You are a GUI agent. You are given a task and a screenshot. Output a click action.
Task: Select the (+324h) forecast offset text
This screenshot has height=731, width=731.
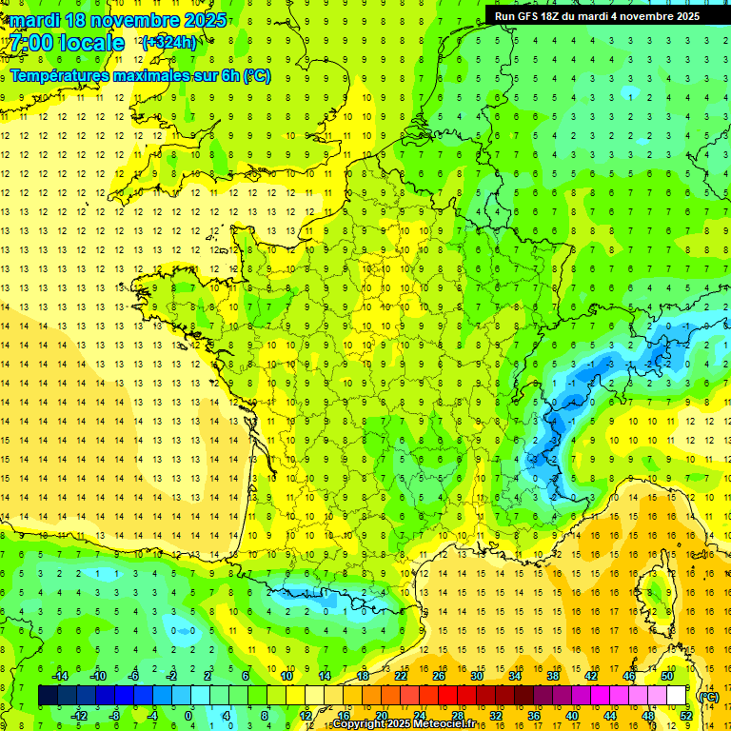coord(168,42)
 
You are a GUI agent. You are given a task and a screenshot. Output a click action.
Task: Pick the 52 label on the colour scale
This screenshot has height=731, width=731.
coord(686,716)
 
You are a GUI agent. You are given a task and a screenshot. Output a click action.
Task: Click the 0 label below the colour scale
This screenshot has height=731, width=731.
coord(188,716)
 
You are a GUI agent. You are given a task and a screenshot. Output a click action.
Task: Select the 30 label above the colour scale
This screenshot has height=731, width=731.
coord(476,676)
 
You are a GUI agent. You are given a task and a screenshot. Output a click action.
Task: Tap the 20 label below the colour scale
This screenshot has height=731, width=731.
coord(381,716)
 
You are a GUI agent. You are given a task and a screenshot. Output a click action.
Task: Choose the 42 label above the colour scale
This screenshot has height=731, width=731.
coord(590,676)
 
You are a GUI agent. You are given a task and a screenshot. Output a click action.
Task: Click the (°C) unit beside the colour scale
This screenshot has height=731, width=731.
coord(708,696)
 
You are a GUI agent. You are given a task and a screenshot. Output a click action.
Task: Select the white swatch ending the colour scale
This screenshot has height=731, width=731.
coord(677,696)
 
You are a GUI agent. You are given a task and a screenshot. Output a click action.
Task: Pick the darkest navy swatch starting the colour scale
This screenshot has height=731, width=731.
coord(48,696)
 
